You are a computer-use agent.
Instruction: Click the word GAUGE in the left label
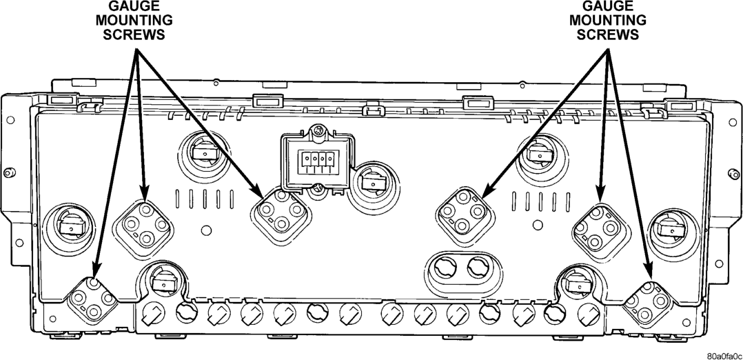click(134, 6)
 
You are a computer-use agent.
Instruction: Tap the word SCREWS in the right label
click(608, 34)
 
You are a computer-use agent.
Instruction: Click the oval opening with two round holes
click(464, 268)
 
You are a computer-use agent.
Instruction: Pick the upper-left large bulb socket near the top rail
click(205, 152)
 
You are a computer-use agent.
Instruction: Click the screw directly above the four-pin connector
click(318, 130)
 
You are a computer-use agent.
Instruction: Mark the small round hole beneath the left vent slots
click(206, 230)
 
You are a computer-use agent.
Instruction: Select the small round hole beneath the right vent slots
click(538, 225)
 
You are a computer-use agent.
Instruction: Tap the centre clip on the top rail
click(374, 110)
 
